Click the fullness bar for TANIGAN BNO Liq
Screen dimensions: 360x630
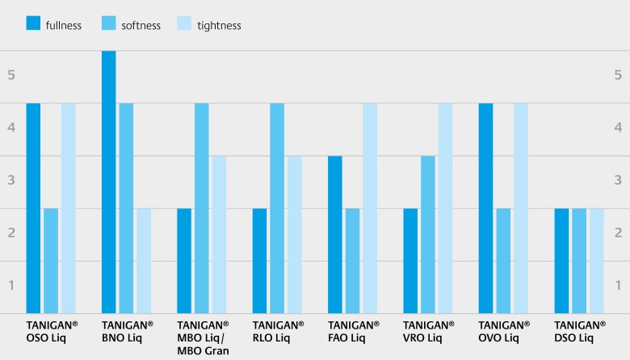click(x=108, y=182)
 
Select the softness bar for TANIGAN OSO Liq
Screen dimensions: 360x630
click(x=51, y=261)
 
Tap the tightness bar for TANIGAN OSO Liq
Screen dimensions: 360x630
click(x=69, y=208)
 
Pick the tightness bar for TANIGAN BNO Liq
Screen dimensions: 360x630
click(x=144, y=261)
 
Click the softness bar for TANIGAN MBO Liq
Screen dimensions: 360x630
click(x=202, y=208)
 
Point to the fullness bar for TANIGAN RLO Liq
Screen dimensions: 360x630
click(x=259, y=261)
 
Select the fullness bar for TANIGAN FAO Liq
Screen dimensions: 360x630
click(x=335, y=234)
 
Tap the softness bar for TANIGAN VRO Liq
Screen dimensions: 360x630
click(x=428, y=234)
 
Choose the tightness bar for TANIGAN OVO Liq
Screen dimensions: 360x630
click(x=521, y=208)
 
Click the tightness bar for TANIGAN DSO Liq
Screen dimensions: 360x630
click(x=596, y=261)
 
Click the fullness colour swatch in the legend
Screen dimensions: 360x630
click(x=33, y=23)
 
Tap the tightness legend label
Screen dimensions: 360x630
click(x=220, y=25)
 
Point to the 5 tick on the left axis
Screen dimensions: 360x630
click(x=11, y=75)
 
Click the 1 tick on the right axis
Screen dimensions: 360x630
click(x=618, y=285)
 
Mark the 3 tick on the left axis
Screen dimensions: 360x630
click(x=11, y=180)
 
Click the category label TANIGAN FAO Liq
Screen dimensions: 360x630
click(x=353, y=330)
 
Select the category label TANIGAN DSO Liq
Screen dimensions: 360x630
click(x=579, y=330)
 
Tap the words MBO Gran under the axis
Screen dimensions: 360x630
click(x=203, y=350)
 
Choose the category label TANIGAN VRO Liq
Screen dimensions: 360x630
click(x=428, y=330)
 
